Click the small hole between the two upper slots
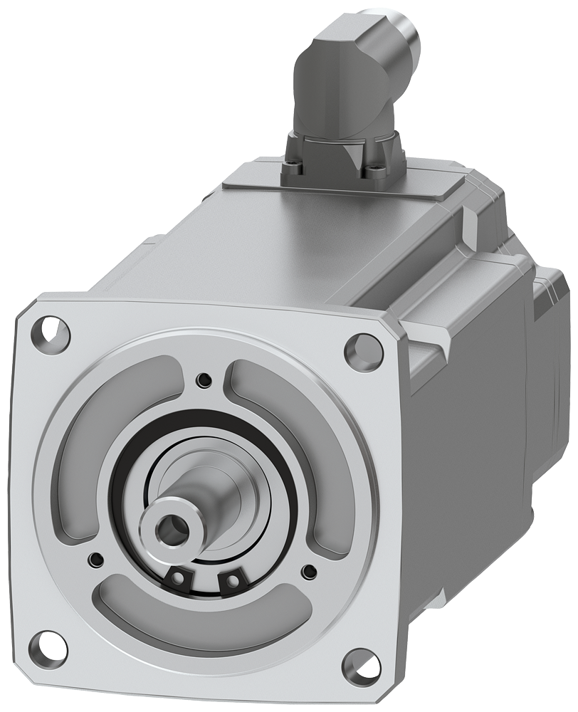[x=206, y=377]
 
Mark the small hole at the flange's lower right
[x=309, y=570]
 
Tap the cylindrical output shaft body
[x=206, y=498]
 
